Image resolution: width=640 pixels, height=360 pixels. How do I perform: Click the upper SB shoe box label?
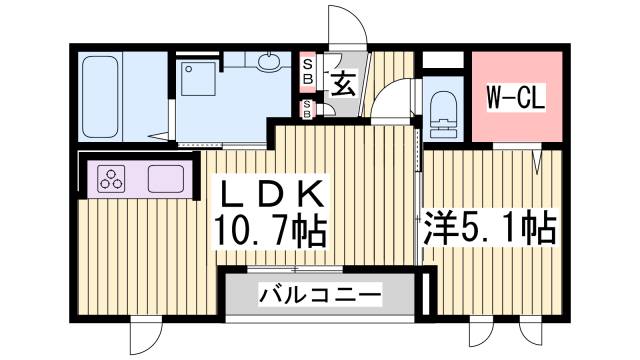[308, 70]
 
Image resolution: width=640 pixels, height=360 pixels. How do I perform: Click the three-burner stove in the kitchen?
[112, 181]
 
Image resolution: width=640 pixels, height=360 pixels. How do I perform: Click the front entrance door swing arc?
[351, 25]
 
